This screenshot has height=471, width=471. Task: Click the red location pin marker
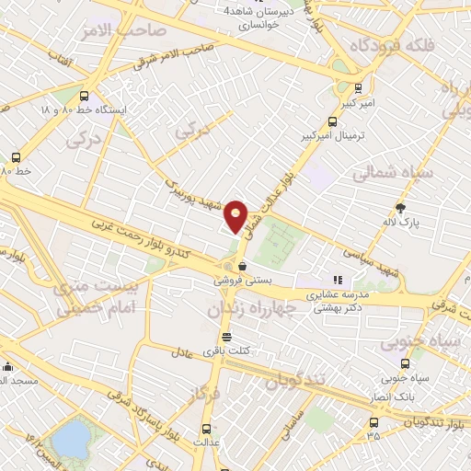point(236,215)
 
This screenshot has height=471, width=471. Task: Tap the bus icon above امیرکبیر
point(358,89)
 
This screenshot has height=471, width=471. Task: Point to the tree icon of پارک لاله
point(400,207)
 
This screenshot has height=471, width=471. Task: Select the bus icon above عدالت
point(204,428)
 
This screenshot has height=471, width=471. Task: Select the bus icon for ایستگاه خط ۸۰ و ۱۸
point(86,95)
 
